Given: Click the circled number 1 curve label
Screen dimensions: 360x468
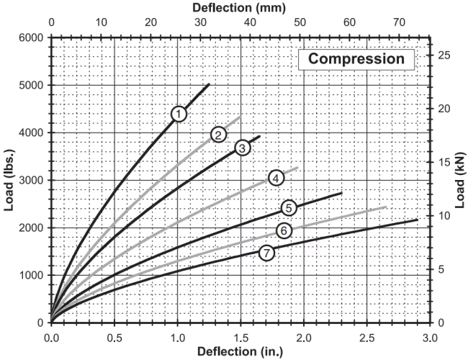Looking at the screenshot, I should point(179,114).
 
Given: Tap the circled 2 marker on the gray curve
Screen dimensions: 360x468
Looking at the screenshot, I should point(219,135).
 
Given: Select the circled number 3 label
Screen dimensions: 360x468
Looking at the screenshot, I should point(242,148).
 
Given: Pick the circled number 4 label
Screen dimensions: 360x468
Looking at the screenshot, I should point(275,178).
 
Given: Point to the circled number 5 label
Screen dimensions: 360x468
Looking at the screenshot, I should point(289,208).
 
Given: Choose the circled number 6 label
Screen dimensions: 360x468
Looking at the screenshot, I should point(284,230).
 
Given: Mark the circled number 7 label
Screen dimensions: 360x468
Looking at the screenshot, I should point(267,253).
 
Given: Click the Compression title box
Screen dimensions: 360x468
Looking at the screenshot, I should point(357,58).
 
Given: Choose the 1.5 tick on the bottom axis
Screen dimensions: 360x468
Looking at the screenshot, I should point(240,336).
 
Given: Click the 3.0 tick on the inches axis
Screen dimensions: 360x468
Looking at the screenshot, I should point(430,336).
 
